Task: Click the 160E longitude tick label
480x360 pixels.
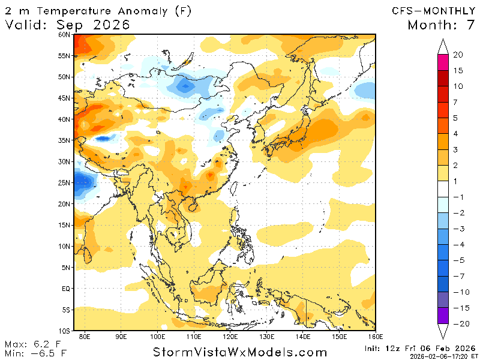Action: pos(376,335)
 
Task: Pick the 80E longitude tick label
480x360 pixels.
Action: pos(85,335)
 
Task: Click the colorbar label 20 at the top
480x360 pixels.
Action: pos(458,55)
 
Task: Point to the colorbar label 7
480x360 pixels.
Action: pos(458,102)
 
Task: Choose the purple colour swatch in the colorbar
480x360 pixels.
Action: pos(443,316)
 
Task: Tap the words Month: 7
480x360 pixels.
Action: pos(441,25)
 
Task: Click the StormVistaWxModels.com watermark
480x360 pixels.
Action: pos(240,352)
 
